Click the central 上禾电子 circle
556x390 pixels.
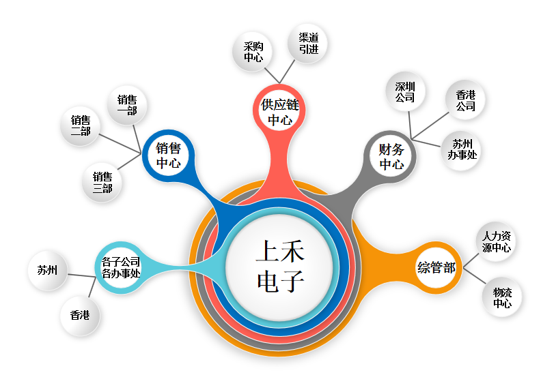(x=280, y=267)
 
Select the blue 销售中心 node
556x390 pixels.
(x=168, y=155)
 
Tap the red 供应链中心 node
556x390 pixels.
(x=279, y=110)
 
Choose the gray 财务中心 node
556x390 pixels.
(x=391, y=157)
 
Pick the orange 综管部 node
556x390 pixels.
(x=436, y=267)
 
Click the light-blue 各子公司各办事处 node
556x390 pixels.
(x=121, y=267)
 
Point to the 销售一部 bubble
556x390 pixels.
(x=127, y=105)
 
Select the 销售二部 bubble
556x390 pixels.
(x=81, y=125)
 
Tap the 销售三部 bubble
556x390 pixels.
(x=102, y=182)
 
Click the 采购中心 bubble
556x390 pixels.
(x=253, y=52)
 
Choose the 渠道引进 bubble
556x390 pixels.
(x=308, y=43)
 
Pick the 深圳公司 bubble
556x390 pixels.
(x=405, y=91)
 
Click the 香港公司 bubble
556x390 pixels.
(x=465, y=100)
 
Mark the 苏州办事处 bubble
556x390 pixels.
(x=462, y=151)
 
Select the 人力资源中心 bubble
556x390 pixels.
(x=496, y=242)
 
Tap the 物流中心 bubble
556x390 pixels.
(x=502, y=297)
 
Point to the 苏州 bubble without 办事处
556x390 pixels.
(x=48, y=271)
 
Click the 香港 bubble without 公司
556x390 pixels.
(x=80, y=315)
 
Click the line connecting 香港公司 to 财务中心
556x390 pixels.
(x=430, y=125)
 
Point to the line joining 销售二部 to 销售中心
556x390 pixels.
(x=120, y=144)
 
